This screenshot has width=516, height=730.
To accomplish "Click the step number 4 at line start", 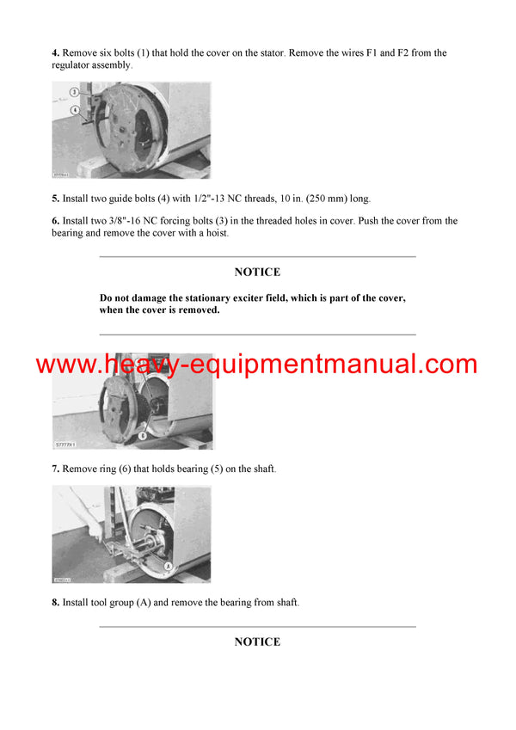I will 55,53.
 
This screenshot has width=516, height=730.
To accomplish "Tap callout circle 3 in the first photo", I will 74,91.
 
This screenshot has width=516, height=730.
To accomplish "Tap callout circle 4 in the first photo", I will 74,109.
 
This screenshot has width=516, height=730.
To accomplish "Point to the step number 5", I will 55,199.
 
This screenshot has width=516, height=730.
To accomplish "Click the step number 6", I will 55,221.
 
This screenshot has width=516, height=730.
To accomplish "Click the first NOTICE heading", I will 257,273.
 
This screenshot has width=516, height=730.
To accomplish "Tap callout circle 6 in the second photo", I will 144,435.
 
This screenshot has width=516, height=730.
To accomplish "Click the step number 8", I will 55,603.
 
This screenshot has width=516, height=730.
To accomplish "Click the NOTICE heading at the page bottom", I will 257,642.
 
